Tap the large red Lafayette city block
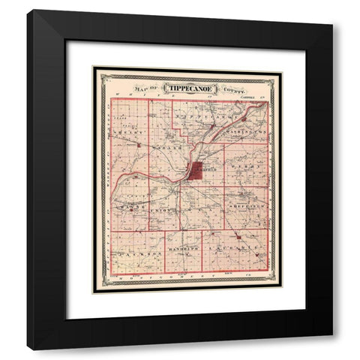click(x=197, y=171)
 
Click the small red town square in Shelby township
click(x=139, y=142)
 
